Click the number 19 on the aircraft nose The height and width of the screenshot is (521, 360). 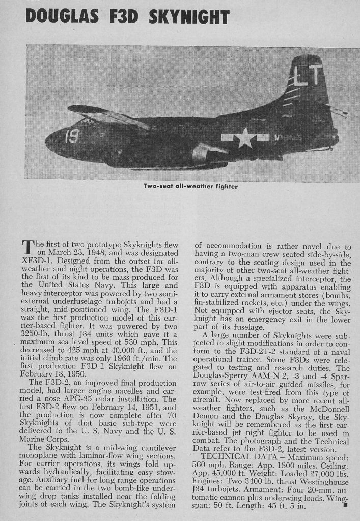[71, 136]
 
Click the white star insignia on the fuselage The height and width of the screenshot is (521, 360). [245, 137]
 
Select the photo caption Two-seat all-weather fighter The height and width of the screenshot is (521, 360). [190, 187]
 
